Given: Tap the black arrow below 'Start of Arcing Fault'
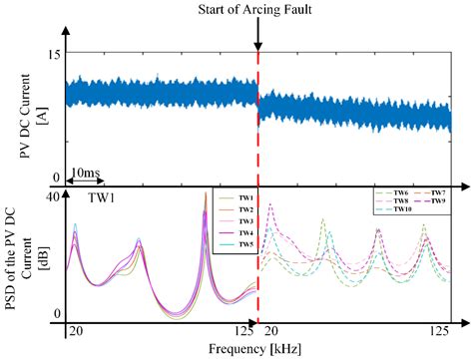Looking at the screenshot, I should (x=258, y=36).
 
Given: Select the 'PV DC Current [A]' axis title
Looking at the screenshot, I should (x=17, y=115).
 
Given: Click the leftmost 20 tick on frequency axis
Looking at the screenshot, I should (x=71, y=330).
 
